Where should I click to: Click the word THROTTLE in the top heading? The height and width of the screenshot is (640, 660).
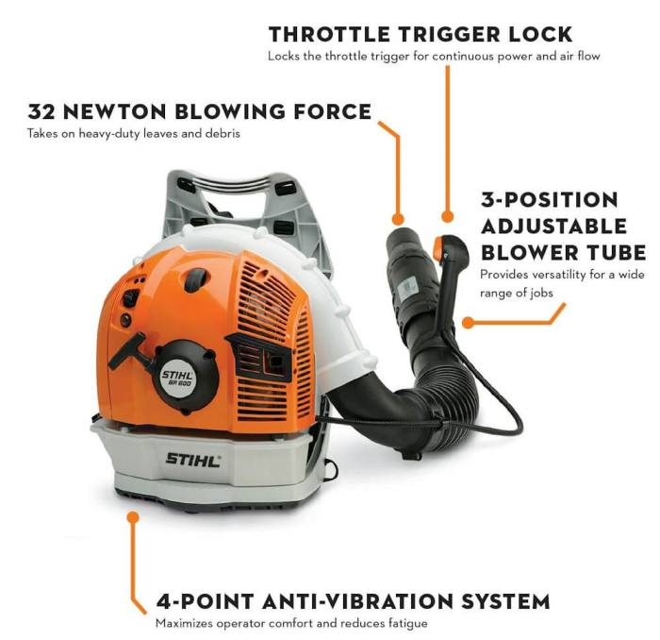coord(330,35)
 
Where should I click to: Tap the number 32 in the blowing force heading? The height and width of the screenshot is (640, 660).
coord(41,111)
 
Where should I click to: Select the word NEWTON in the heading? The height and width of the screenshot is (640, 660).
coord(114,111)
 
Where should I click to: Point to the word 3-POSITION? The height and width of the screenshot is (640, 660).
coord(550,200)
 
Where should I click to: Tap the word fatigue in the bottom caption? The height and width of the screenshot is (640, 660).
coord(404,623)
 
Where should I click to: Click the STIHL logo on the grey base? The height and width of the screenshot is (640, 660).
coord(192,460)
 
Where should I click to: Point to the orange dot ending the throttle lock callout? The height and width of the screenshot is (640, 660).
coord(448,217)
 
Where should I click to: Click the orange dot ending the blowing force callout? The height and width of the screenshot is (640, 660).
coord(398,219)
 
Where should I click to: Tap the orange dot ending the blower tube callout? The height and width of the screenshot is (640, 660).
coord(468,323)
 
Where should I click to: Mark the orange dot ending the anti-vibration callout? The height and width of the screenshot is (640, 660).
coord(133,517)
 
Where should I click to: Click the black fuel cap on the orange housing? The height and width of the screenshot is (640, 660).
coord(196,279)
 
